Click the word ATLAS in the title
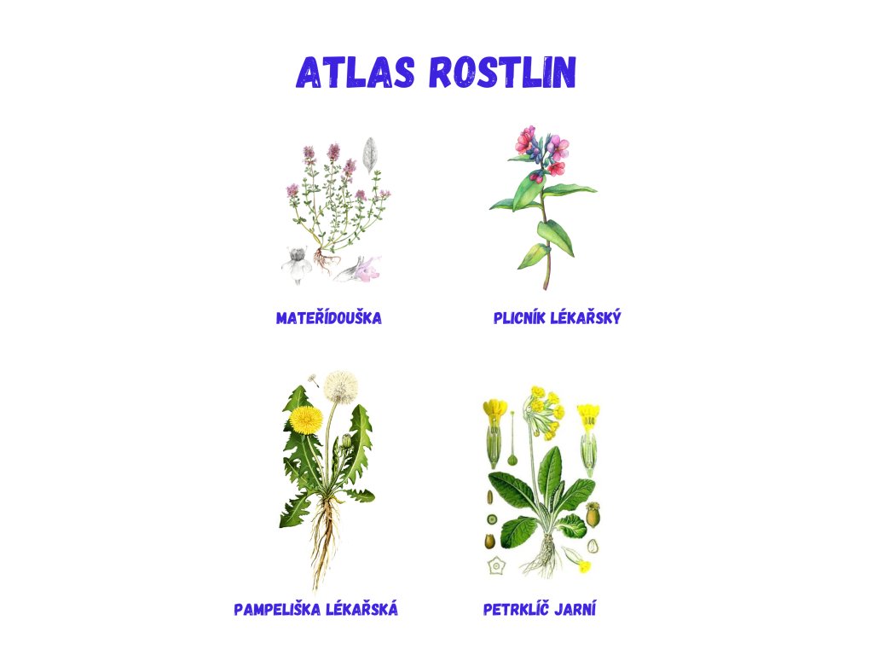tap(356, 72)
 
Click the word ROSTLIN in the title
tap(503, 72)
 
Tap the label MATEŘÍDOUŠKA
tap(329, 318)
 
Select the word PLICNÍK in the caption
tap(519, 318)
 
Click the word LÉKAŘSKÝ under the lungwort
tap(586, 317)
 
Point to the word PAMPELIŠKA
tap(277, 609)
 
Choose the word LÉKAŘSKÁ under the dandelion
tap(361, 609)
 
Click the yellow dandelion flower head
tap(306, 420)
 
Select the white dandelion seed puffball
tap(341, 386)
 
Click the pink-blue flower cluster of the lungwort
tap(541, 151)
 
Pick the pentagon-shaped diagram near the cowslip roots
tap(495, 566)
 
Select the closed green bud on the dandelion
tap(346, 442)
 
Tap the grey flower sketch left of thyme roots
tap(297, 264)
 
